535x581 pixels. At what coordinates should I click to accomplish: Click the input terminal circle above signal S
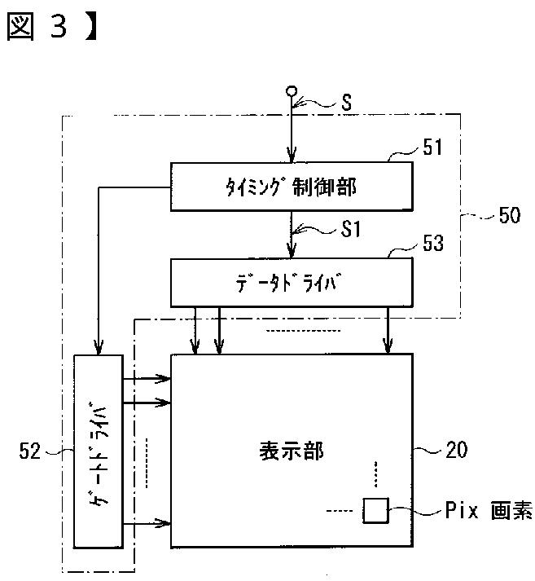coord(292,90)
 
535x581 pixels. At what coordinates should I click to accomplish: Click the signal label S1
coord(350,229)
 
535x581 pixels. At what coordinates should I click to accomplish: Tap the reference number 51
coord(432,147)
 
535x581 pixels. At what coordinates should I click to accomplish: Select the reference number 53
coord(433,243)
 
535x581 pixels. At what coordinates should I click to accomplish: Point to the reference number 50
coord(510,215)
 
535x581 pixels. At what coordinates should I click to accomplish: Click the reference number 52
coord(29,451)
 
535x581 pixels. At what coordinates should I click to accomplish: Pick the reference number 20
coord(457,450)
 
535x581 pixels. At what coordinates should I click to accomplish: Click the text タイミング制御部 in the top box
coord(291,187)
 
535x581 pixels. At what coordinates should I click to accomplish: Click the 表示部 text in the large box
coord(292,451)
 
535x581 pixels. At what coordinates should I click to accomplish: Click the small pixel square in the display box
coord(375,511)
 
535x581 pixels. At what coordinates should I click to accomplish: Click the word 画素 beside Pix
coord(511,510)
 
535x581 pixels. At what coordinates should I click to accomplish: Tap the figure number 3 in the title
coord(59,26)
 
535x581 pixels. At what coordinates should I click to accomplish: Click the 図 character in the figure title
coord(20,27)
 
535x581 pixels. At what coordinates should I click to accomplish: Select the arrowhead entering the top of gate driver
coord(98,348)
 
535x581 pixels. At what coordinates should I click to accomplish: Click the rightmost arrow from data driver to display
coord(388,331)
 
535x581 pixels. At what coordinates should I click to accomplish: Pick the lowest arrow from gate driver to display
coord(147,523)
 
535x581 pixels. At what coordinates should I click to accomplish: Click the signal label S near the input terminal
coord(347,102)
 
